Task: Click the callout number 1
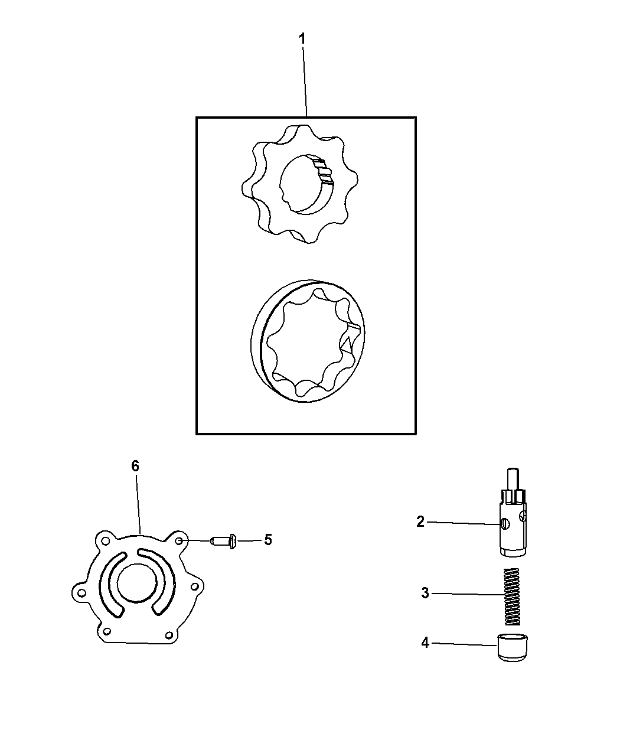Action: pyautogui.click(x=302, y=40)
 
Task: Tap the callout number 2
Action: pyautogui.click(x=420, y=522)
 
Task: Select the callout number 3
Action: pyautogui.click(x=425, y=593)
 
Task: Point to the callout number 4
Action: pyautogui.click(x=425, y=643)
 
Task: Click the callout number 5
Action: pyautogui.click(x=267, y=540)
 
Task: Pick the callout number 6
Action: pyautogui.click(x=135, y=466)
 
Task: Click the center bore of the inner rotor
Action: pyautogui.click(x=304, y=183)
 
